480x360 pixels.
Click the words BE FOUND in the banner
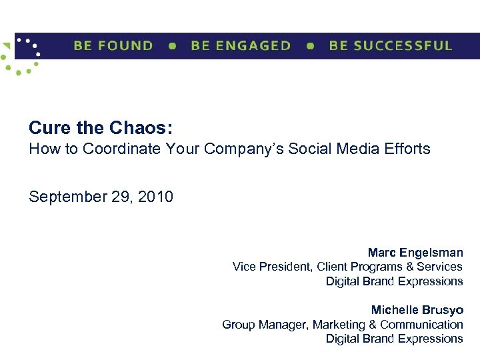(113, 46)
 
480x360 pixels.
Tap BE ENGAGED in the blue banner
(241, 46)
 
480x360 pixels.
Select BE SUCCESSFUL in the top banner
(391, 46)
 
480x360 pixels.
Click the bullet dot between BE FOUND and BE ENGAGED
(173, 47)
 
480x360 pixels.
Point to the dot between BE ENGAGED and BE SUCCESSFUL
(310, 47)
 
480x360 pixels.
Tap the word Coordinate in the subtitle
(116, 149)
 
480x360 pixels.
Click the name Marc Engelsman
(415, 253)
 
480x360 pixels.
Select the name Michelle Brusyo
(417, 311)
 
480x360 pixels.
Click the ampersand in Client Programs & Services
(408, 267)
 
